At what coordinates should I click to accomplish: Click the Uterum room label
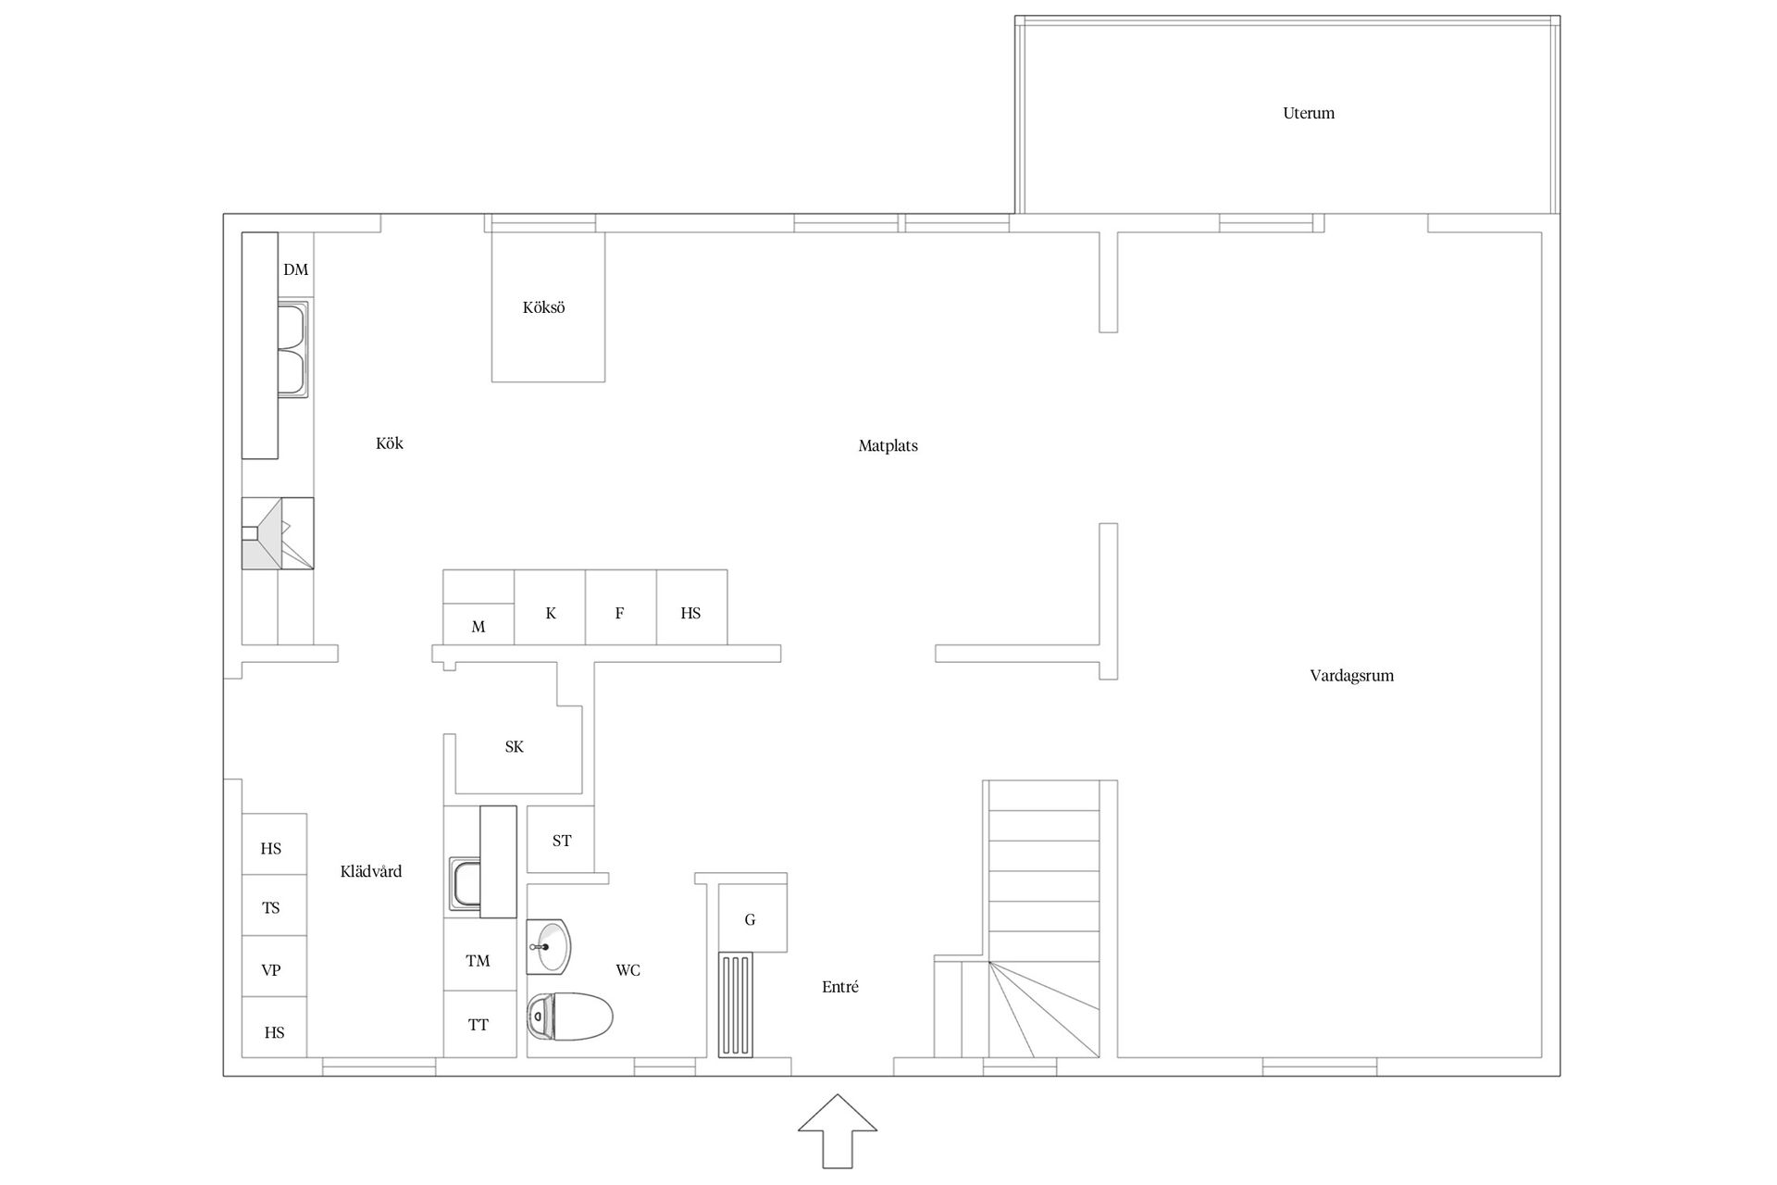coord(1309,114)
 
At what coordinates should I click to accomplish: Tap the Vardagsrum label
coord(1351,676)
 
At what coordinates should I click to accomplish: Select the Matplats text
coord(888,446)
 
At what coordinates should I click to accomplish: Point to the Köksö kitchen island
coord(548,307)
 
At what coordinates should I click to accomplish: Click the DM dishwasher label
coord(295,270)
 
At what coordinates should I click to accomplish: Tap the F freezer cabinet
coord(621,607)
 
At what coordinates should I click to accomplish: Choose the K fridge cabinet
coord(550,607)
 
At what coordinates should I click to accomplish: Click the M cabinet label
coord(478,628)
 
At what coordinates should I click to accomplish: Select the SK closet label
coord(515,747)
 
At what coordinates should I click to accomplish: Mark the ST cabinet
coord(561,839)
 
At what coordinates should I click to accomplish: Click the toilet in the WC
coord(570,1017)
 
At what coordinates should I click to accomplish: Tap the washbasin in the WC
coord(549,947)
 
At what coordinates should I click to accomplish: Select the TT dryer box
coord(479,1024)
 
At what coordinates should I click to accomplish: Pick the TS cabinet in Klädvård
coord(274,905)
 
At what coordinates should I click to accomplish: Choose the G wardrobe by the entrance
coord(752,918)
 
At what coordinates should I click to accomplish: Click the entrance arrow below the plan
coord(838,1130)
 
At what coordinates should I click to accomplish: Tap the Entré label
coord(840,988)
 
